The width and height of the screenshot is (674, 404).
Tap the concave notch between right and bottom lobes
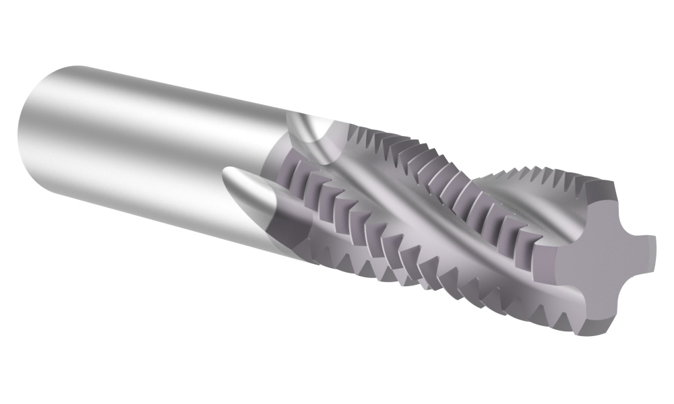(x=630, y=283)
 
